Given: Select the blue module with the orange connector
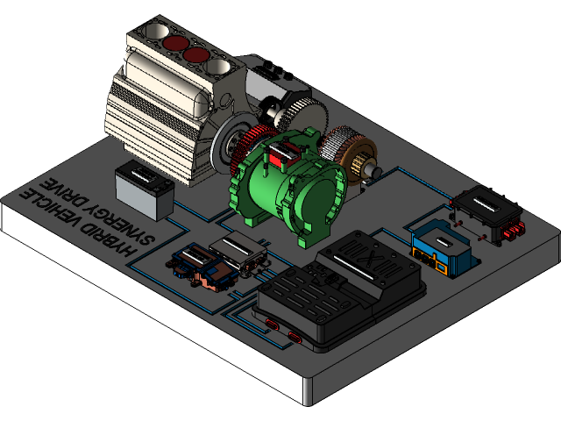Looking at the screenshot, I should (444, 246).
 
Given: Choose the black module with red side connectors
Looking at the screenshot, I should (487, 211).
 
